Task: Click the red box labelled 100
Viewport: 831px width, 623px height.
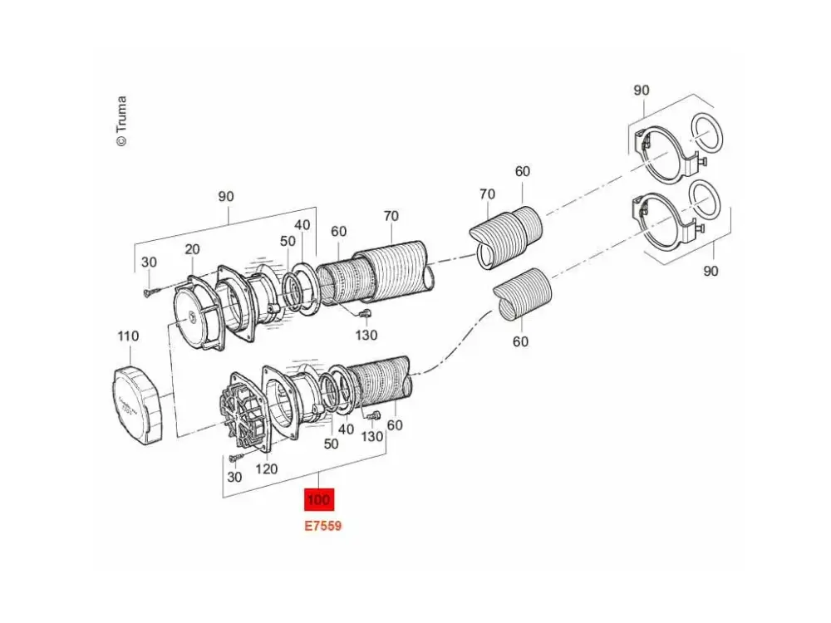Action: [x=319, y=499]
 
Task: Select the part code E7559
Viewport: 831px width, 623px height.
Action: [x=322, y=526]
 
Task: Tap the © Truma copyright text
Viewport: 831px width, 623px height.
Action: [x=121, y=120]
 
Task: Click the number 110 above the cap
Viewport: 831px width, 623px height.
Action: [x=128, y=336]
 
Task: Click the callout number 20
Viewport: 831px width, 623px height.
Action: [x=193, y=249]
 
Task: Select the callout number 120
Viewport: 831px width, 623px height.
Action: [x=267, y=468]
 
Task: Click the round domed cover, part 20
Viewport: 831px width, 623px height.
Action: [x=198, y=312]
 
